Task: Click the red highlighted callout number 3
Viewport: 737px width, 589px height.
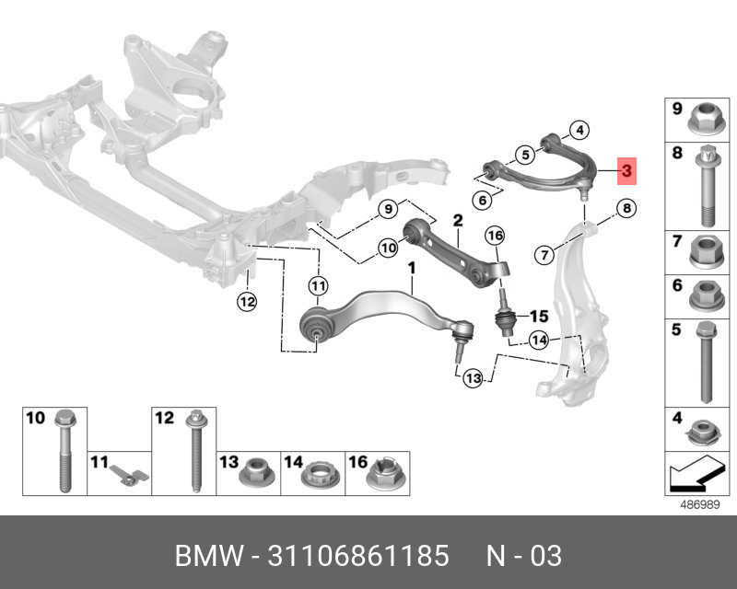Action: point(626,171)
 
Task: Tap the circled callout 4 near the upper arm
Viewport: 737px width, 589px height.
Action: point(579,130)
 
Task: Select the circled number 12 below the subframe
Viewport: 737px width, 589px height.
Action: point(247,302)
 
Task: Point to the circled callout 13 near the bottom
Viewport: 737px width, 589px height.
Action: point(473,378)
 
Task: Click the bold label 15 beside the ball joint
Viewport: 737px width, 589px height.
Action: point(539,316)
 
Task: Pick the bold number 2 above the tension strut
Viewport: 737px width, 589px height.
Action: point(458,220)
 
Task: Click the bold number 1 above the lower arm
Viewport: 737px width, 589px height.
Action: point(412,269)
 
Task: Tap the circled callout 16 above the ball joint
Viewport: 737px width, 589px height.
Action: point(495,236)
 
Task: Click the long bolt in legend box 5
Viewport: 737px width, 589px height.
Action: point(706,362)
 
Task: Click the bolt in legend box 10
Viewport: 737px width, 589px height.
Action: point(65,451)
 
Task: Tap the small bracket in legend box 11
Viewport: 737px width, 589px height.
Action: point(129,474)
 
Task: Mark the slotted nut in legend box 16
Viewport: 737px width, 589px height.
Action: point(385,472)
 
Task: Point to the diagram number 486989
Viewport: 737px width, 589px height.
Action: point(700,505)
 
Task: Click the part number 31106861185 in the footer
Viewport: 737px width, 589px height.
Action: point(358,556)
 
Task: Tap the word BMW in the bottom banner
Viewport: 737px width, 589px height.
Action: point(209,556)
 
